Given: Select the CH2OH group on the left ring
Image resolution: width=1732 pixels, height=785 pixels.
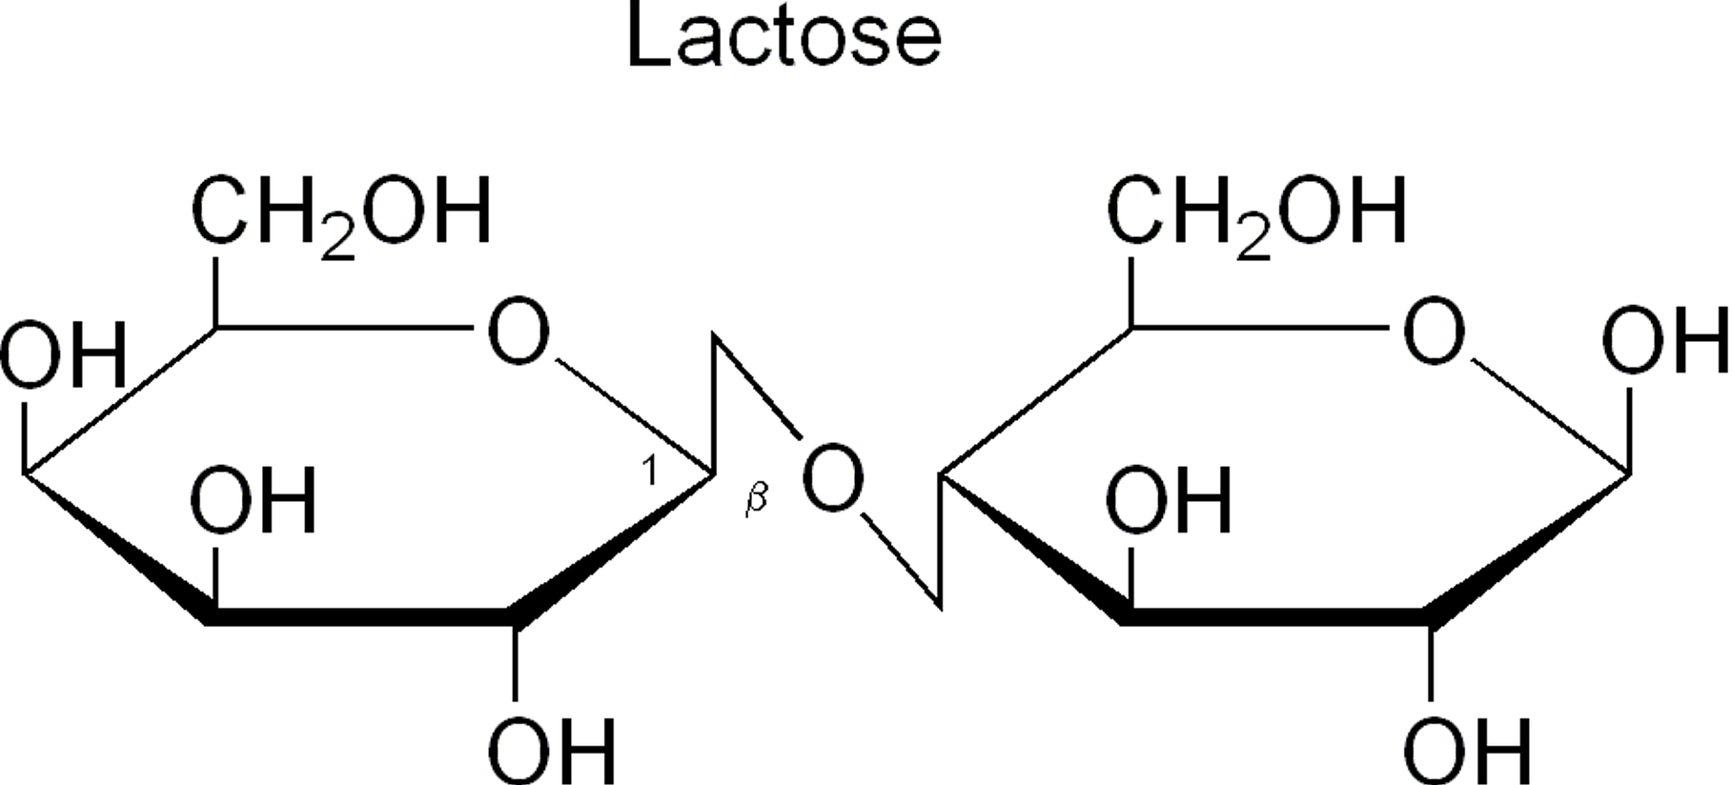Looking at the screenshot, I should coord(340,211).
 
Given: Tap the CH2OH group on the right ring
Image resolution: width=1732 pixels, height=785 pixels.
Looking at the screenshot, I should coord(1255,211).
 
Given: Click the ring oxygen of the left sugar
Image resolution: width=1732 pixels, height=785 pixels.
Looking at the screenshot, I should coord(518,332).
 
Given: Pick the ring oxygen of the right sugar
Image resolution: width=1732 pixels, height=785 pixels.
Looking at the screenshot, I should coord(1433,332).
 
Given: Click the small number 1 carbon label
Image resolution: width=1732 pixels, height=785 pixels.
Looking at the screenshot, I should coord(650,471).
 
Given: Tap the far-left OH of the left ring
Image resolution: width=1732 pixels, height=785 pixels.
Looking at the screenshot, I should coord(63,354).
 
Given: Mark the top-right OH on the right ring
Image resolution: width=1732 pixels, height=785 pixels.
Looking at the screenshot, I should coord(1664,340).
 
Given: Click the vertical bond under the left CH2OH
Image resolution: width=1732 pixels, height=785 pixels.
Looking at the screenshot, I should coord(215,291).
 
